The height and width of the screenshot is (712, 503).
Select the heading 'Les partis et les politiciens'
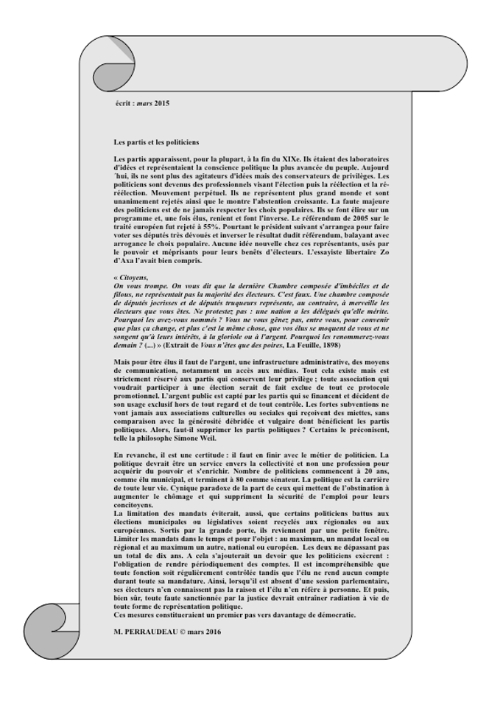pos(156,142)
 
